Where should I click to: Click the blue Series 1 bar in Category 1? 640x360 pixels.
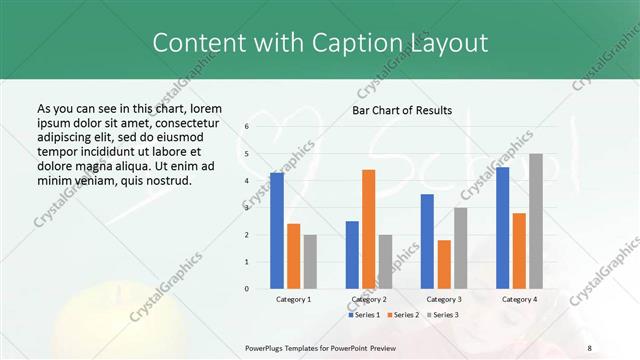coord(277,231)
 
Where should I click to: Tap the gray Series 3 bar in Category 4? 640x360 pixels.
coord(536,221)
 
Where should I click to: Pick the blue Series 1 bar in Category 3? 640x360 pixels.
coord(427,241)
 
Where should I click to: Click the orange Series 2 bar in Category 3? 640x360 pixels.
coord(444,264)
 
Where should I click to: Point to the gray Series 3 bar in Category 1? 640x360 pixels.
coord(310,262)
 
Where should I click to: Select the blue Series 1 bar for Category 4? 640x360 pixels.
coord(502,228)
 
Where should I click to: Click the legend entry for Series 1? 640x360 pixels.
coord(364,315)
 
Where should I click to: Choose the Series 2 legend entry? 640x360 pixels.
coord(402,315)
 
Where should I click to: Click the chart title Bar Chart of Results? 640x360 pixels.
coord(402,110)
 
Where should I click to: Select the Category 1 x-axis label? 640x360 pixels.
coord(293,299)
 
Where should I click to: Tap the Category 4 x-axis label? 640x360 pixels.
coord(519,299)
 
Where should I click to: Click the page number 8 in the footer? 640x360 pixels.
coord(589,348)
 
